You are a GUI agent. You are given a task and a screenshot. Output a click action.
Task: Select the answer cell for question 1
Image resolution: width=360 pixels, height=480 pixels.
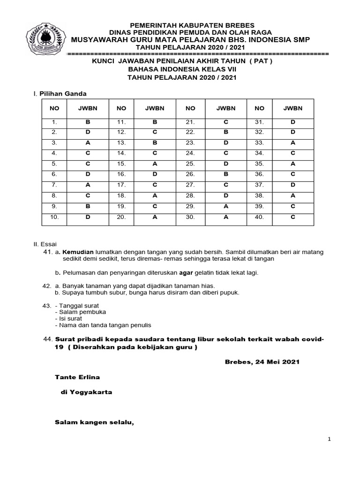[87, 122]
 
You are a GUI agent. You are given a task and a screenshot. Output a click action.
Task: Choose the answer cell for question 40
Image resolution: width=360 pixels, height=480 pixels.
[292, 217]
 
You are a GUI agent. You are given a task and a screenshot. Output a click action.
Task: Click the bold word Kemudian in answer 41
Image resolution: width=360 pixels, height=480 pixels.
[78, 252]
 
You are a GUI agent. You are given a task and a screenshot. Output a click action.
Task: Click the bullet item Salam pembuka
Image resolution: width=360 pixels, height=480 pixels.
[80, 312]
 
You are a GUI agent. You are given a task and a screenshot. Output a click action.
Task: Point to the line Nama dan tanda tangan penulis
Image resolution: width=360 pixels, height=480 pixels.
[103, 325]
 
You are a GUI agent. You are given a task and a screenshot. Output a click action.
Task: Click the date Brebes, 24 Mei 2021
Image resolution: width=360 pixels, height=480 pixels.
[262, 362]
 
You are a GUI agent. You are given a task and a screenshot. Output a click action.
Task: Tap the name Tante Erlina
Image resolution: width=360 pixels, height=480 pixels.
[77, 377]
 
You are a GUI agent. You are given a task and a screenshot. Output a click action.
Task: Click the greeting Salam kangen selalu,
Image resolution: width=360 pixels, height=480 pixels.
[95, 422]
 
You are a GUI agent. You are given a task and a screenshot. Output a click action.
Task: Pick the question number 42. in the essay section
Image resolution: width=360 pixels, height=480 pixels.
[47, 285]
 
